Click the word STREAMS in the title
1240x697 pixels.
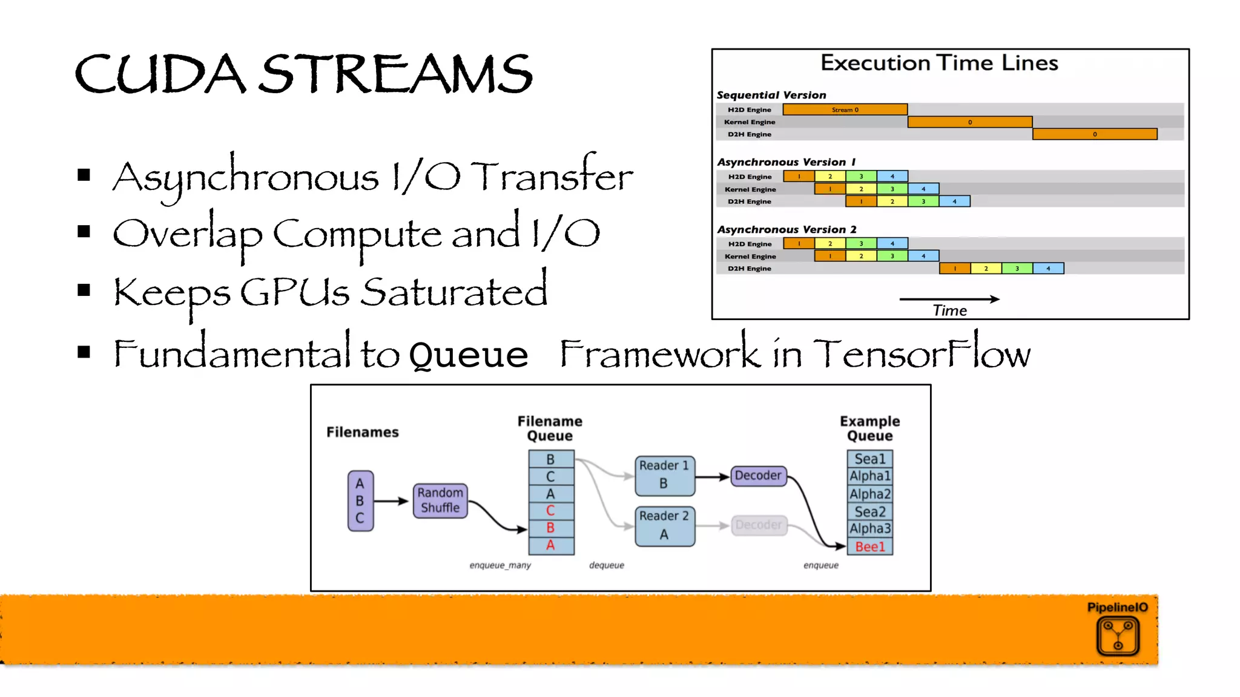click(396, 74)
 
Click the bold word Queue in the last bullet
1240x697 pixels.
click(468, 354)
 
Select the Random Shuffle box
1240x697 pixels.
click(440, 500)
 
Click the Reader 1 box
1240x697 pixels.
click(664, 475)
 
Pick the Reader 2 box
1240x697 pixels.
click(664, 526)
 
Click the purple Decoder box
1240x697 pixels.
click(758, 476)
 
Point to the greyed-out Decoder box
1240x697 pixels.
click(758, 525)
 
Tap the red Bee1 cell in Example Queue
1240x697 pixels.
click(869, 547)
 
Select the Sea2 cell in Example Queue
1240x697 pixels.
click(869, 512)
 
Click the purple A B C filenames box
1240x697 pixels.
click(360, 501)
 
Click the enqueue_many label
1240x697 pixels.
click(500, 565)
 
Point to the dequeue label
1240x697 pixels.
click(606, 565)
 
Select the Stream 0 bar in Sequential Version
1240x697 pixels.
click(845, 110)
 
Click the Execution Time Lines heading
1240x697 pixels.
click(939, 63)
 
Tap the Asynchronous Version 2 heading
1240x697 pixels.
click(787, 229)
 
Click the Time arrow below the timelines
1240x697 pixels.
click(949, 299)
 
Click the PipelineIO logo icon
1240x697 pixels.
click(1118, 636)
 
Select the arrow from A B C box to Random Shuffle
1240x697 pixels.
click(391, 501)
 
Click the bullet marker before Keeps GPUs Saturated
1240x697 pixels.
click(84, 291)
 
